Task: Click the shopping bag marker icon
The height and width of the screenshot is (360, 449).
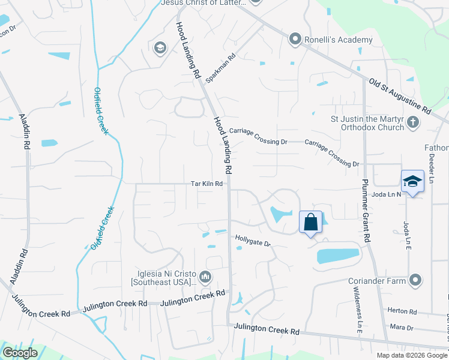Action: point(311,222)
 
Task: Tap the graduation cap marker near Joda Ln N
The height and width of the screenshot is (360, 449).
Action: point(412,182)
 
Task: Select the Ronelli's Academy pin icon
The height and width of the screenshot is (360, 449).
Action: point(295,40)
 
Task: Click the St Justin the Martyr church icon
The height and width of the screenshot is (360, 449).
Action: point(412,122)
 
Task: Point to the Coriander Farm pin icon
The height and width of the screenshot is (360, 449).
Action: point(415,280)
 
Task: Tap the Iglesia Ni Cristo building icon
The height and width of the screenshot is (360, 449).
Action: point(206,277)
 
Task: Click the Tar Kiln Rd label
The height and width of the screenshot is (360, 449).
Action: point(207,184)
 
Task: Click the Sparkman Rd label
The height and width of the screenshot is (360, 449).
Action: point(221,70)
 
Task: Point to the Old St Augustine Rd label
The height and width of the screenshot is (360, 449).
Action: point(400,96)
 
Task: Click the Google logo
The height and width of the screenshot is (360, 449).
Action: point(20,353)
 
